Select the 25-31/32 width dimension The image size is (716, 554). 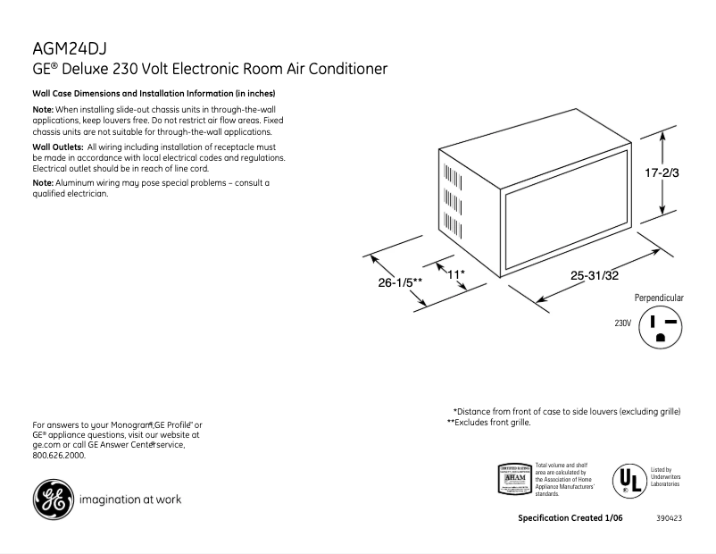click(x=595, y=276)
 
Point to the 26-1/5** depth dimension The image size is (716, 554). click(x=400, y=283)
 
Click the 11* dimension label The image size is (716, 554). click(x=456, y=273)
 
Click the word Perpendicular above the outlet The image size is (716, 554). click(x=659, y=298)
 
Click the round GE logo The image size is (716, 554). click(x=53, y=499)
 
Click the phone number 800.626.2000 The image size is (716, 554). click(x=59, y=455)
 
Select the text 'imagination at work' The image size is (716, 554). click(x=130, y=499)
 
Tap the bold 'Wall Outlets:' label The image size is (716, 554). click(x=58, y=147)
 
